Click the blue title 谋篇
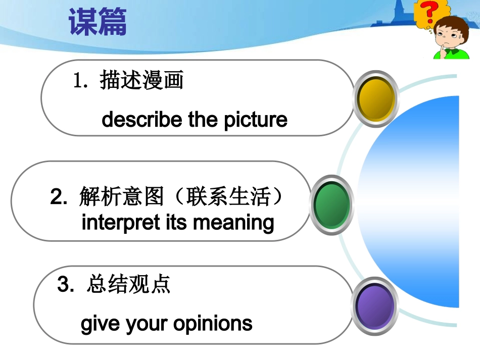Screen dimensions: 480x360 coord(98,22)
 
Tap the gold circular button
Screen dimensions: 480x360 coord(376,98)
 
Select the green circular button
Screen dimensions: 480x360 coord(331,204)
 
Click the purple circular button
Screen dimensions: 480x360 coord(375,306)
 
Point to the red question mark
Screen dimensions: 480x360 coord(429,12)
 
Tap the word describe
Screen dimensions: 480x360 coord(142,119)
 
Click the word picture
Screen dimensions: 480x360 coord(256,120)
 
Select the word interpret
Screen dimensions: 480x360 coord(121,223)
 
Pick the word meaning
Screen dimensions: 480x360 coord(233,223)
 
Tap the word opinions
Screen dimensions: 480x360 coord(213,324)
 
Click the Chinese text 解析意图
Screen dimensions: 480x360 coord(122,196)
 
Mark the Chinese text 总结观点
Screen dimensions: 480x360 coord(128,284)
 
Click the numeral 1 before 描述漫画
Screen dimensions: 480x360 coord(77,80)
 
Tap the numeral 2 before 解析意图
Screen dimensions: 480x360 coord(56,196)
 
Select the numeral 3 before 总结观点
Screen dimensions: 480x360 coord(63,284)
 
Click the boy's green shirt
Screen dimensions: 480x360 coord(452,54)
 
